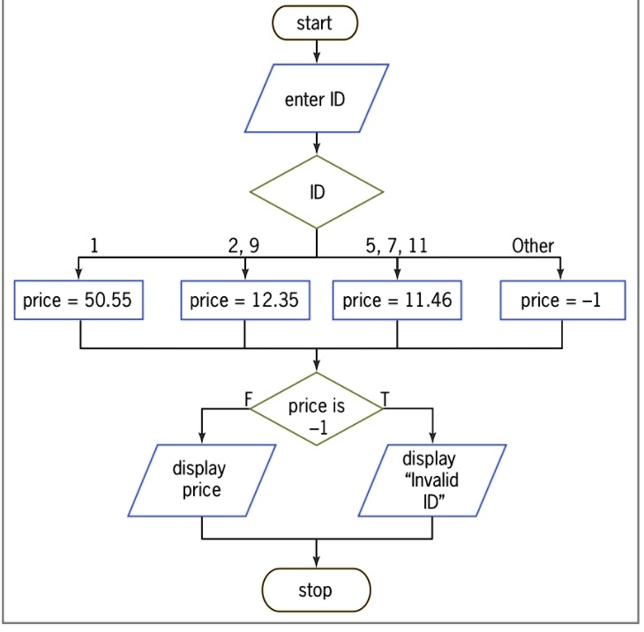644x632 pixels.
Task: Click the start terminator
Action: tap(315, 23)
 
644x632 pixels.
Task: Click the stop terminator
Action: tap(316, 591)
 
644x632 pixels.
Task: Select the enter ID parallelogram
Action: tap(317, 99)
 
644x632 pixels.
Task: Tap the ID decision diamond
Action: tap(317, 192)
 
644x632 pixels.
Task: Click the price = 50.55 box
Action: tap(79, 300)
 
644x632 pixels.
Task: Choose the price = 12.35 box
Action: tap(245, 300)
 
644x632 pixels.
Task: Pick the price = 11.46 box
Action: tap(397, 300)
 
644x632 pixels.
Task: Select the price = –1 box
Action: tap(563, 300)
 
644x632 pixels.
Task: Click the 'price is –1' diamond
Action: tap(317, 409)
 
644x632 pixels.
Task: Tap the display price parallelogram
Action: tap(202, 480)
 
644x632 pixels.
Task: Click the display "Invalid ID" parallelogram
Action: tap(432, 480)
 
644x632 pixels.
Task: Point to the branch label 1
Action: tap(94, 245)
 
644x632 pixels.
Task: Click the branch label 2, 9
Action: tap(243, 245)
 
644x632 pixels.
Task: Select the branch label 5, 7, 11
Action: tap(396, 245)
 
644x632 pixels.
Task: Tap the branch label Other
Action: tap(533, 245)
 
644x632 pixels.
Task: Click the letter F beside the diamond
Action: tap(248, 399)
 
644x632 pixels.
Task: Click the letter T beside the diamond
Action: tap(385, 399)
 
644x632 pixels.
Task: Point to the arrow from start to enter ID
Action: tap(317, 52)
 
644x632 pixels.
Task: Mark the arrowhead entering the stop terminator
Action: tap(316, 562)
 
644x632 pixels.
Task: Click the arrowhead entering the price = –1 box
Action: tap(560, 274)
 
